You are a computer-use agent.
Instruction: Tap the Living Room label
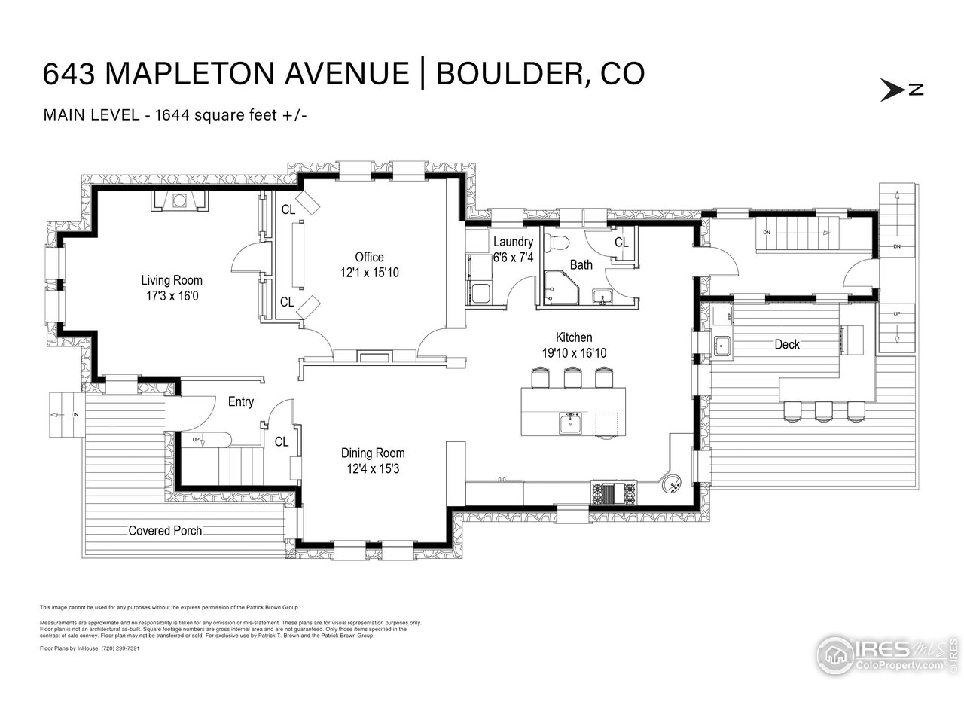tap(172, 280)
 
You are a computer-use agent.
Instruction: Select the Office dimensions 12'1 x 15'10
tap(369, 272)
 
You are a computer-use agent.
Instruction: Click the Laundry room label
tap(513, 242)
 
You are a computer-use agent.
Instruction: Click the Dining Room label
tap(373, 453)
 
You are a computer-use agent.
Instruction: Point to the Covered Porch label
tap(165, 530)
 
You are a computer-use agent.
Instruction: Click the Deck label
tap(787, 344)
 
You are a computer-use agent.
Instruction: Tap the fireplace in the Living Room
tap(180, 200)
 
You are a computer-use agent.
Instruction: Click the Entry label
tap(240, 401)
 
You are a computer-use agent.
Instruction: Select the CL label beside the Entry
tap(282, 442)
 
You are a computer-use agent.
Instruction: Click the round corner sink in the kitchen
tap(671, 480)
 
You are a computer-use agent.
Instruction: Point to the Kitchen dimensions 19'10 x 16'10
tap(574, 352)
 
